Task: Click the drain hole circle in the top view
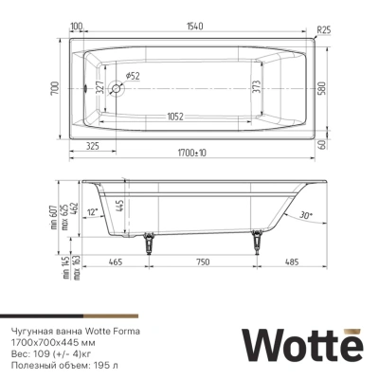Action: tap(117, 90)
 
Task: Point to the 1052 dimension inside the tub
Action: tap(171, 117)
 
